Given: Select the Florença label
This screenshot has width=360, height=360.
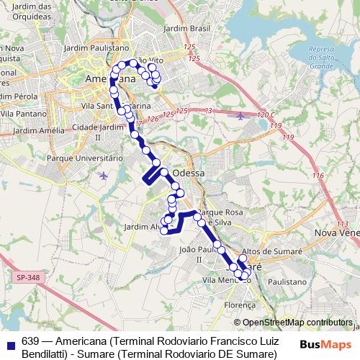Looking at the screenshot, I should tap(240, 305).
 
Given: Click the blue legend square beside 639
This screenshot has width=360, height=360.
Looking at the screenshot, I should tap(10, 343).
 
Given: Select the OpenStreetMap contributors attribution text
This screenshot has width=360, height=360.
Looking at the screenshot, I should tap(297, 323).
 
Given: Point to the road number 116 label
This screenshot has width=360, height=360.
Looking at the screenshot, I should tap(318, 175).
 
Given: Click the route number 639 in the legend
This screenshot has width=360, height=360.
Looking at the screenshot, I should tap(30, 341).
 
